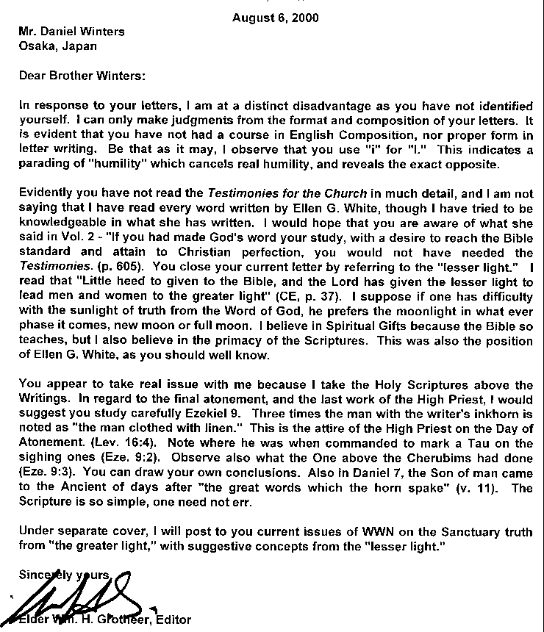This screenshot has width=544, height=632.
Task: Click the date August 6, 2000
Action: coord(276,18)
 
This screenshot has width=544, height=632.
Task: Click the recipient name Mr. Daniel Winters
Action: coord(72,32)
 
